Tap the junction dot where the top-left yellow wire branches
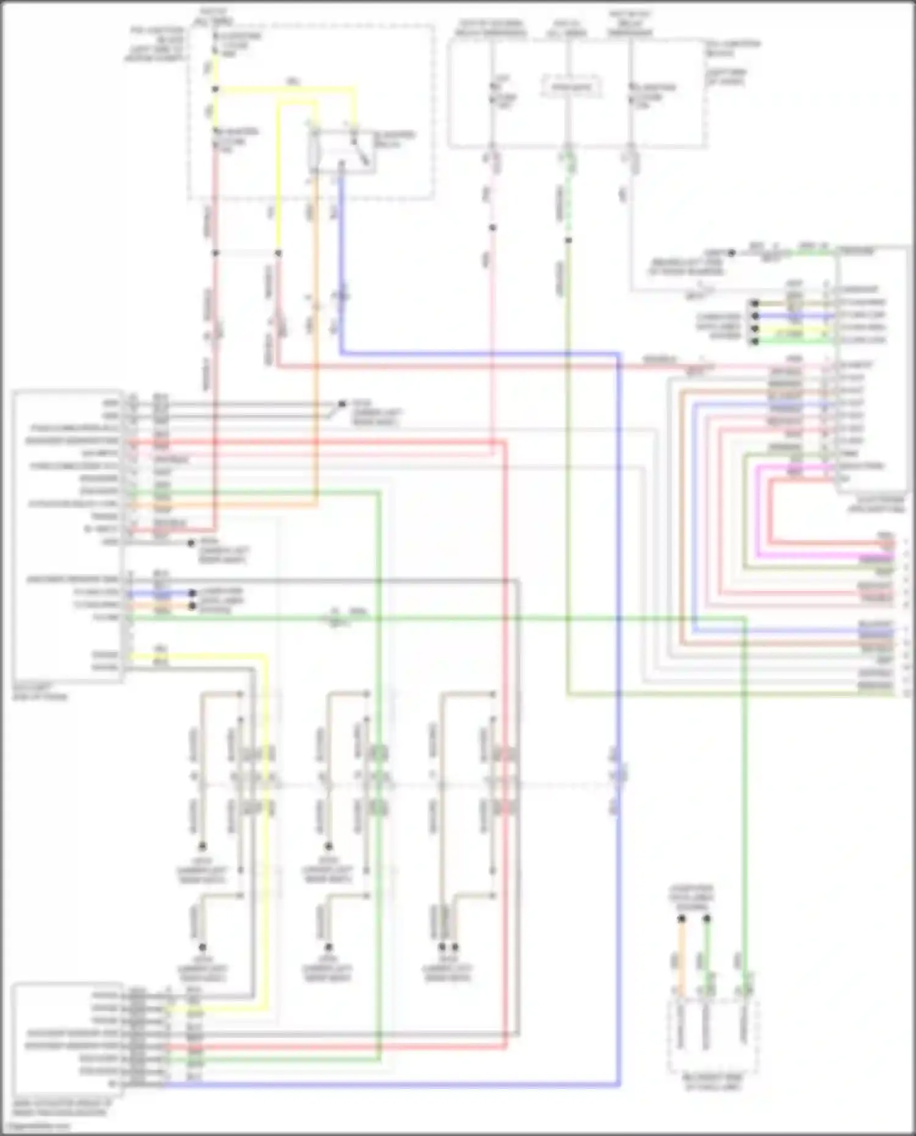point(215,89)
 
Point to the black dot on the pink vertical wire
point(492,228)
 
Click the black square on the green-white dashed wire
point(568,241)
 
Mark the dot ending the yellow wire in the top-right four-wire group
point(755,328)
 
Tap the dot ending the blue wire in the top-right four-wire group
point(755,316)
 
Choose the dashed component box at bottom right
point(713,1036)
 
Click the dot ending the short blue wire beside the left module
point(192,593)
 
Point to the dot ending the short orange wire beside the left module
point(192,606)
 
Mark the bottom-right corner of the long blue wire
point(619,1085)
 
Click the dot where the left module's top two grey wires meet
point(342,404)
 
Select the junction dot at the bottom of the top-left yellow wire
point(278,253)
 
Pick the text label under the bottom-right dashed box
point(713,1083)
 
